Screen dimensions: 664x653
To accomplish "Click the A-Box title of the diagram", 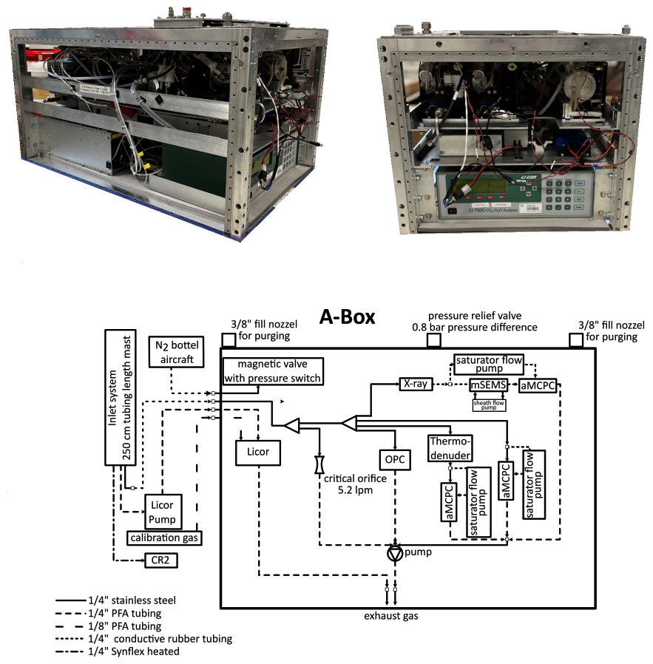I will click(x=347, y=317).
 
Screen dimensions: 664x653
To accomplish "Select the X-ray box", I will click(x=415, y=384).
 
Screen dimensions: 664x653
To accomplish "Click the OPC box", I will click(x=394, y=459).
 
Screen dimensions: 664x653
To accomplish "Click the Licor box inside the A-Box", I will click(x=258, y=451).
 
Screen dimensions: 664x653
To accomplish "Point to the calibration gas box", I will click(x=164, y=538).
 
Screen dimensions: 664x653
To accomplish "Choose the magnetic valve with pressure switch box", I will click(x=278, y=372).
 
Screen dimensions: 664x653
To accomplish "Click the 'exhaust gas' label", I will click(x=390, y=616).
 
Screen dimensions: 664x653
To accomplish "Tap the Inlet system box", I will click(x=119, y=398).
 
